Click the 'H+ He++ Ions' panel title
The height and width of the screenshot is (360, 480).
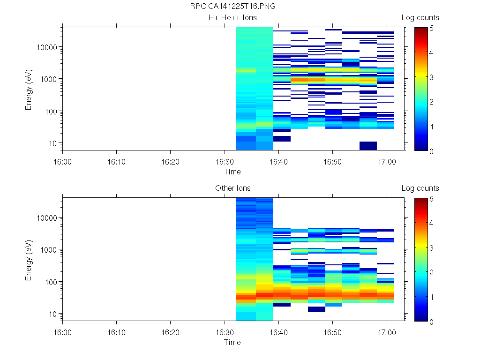tap(232, 18)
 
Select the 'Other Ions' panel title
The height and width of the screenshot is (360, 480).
tap(232, 188)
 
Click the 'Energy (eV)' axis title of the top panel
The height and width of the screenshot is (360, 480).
tap(29, 89)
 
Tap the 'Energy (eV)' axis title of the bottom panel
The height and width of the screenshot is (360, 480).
tap(29, 260)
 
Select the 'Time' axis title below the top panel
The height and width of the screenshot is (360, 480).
tap(232, 172)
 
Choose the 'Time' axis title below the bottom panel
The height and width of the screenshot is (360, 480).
tap(232, 342)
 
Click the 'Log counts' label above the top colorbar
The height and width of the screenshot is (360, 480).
tap(420, 18)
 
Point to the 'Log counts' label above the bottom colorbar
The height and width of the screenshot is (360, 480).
tap(420, 188)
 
